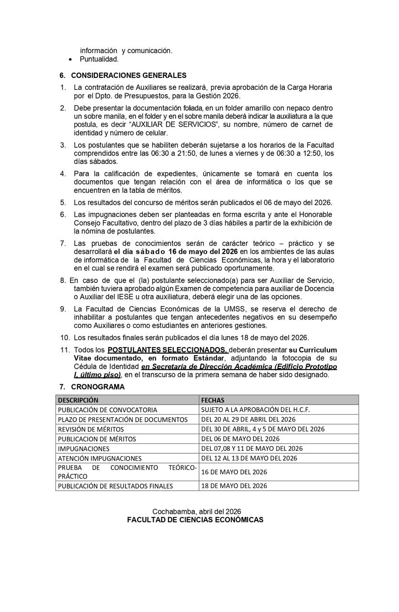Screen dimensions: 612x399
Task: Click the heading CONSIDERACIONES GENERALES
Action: click(128, 76)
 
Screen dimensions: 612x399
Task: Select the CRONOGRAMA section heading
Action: click(97, 387)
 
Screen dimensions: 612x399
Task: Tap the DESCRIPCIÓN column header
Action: click(78, 400)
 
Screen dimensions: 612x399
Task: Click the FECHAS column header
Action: click(212, 400)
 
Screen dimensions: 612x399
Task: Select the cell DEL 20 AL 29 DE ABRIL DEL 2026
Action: click(248, 419)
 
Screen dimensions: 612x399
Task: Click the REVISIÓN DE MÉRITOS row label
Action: click(91, 429)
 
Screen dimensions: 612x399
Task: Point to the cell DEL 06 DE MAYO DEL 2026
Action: click(240, 439)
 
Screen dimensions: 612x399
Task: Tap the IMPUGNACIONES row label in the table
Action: click(84, 449)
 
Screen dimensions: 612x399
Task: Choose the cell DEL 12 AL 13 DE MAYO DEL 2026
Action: click(249, 458)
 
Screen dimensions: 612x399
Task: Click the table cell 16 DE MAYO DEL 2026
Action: click(234, 472)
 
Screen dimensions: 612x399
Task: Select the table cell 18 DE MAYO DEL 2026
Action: click(234, 486)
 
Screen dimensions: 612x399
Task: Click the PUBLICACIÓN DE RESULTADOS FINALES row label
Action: click(115, 486)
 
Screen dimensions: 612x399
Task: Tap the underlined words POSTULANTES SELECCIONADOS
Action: click(168, 350)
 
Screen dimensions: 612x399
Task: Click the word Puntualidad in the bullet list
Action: click(99, 59)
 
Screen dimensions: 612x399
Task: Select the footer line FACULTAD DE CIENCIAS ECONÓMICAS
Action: click(195, 520)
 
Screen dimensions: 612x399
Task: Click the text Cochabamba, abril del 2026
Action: click(197, 512)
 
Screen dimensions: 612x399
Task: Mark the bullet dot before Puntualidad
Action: click(71, 60)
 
